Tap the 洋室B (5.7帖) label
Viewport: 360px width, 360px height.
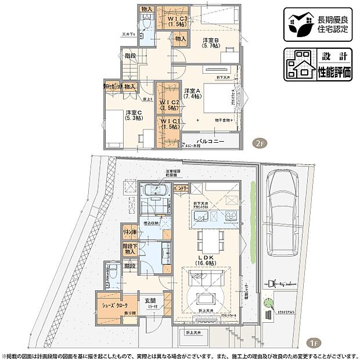click(x=210, y=44)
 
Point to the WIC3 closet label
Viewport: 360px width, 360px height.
click(x=177, y=21)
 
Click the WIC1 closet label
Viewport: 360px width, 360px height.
click(x=170, y=124)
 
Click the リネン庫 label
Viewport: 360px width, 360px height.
click(x=129, y=232)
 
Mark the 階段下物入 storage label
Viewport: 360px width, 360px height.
click(x=129, y=248)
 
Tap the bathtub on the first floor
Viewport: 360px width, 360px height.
click(x=154, y=191)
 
